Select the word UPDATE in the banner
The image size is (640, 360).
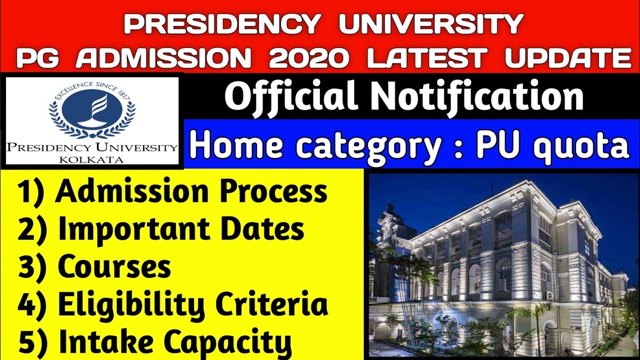pyautogui.click(x=567, y=58)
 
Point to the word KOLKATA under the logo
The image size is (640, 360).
pyautogui.click(x=92, y=159)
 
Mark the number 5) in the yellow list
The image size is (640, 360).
pyautogui.click(x=34, y=342)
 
